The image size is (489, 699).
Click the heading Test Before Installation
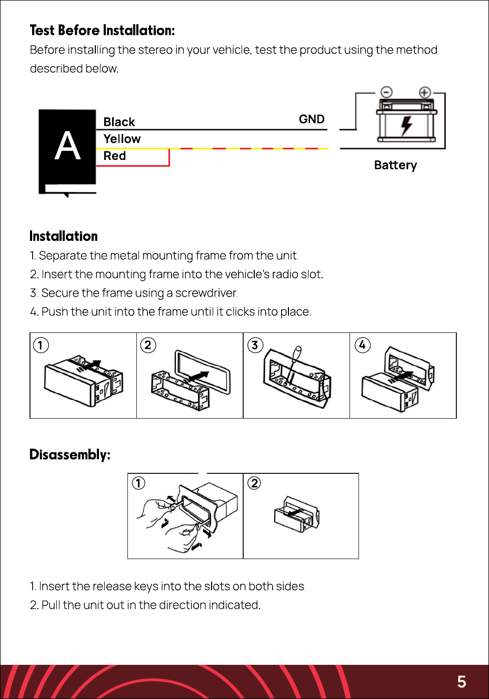(x=102, y=31)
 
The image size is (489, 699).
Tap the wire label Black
(x=119, y=121)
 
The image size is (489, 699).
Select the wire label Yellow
(x=122, y=139)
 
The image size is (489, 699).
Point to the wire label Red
(x=115, y=156)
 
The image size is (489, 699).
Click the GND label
(x=312, y=119)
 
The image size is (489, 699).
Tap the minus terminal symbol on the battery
(x=386, y=92)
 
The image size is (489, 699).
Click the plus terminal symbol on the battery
(x=425, y=93)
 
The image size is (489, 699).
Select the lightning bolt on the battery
(x=406, y=126)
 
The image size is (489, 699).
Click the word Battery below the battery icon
(x=395, y=165)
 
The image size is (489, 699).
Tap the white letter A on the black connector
(x=67, y=145)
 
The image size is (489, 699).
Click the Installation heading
(x=63, y=236)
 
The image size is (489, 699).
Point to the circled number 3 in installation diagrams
(x=255, y=345)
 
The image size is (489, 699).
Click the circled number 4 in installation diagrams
(x=362, y=345)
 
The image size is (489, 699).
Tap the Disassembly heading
(x=70, y=454)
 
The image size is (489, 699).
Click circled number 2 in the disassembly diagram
(x=254, y=483)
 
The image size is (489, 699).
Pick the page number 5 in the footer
(x=462, y=682)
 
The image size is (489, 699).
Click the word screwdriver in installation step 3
(x=206, y=293)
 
